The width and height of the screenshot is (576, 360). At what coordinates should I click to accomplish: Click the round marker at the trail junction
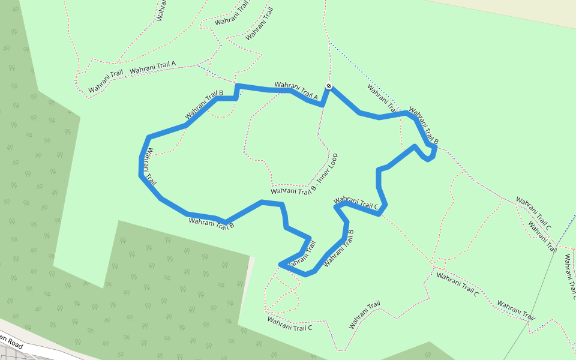(329, 86)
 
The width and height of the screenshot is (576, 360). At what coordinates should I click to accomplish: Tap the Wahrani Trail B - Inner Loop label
(305, 175)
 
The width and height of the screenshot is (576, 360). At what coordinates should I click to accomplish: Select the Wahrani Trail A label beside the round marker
(296, 91)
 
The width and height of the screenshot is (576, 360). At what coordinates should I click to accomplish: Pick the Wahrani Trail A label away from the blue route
(152, 67)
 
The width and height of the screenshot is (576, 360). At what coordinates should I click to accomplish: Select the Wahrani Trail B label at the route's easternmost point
(424, 126)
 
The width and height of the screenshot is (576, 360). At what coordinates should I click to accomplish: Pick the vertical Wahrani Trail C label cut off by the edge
(569, 277)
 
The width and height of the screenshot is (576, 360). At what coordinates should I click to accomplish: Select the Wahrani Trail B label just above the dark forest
(211, 224)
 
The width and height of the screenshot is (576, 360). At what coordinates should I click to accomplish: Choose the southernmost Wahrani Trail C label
(290, 324)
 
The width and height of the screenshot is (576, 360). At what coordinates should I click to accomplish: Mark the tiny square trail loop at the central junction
(440, 264)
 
